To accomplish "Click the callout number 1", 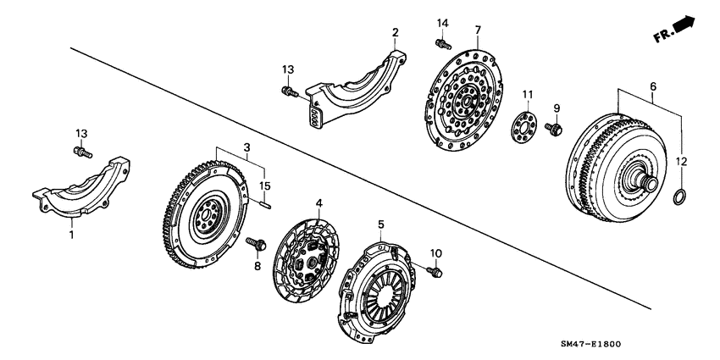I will tap(72, 235).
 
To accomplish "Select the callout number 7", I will tap(478, 30).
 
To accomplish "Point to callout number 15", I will tap(265, 186).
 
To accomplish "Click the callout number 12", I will tap(683, 160).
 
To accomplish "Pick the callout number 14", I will tap(441, 22).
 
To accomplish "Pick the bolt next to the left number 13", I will tap(81, 153).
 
